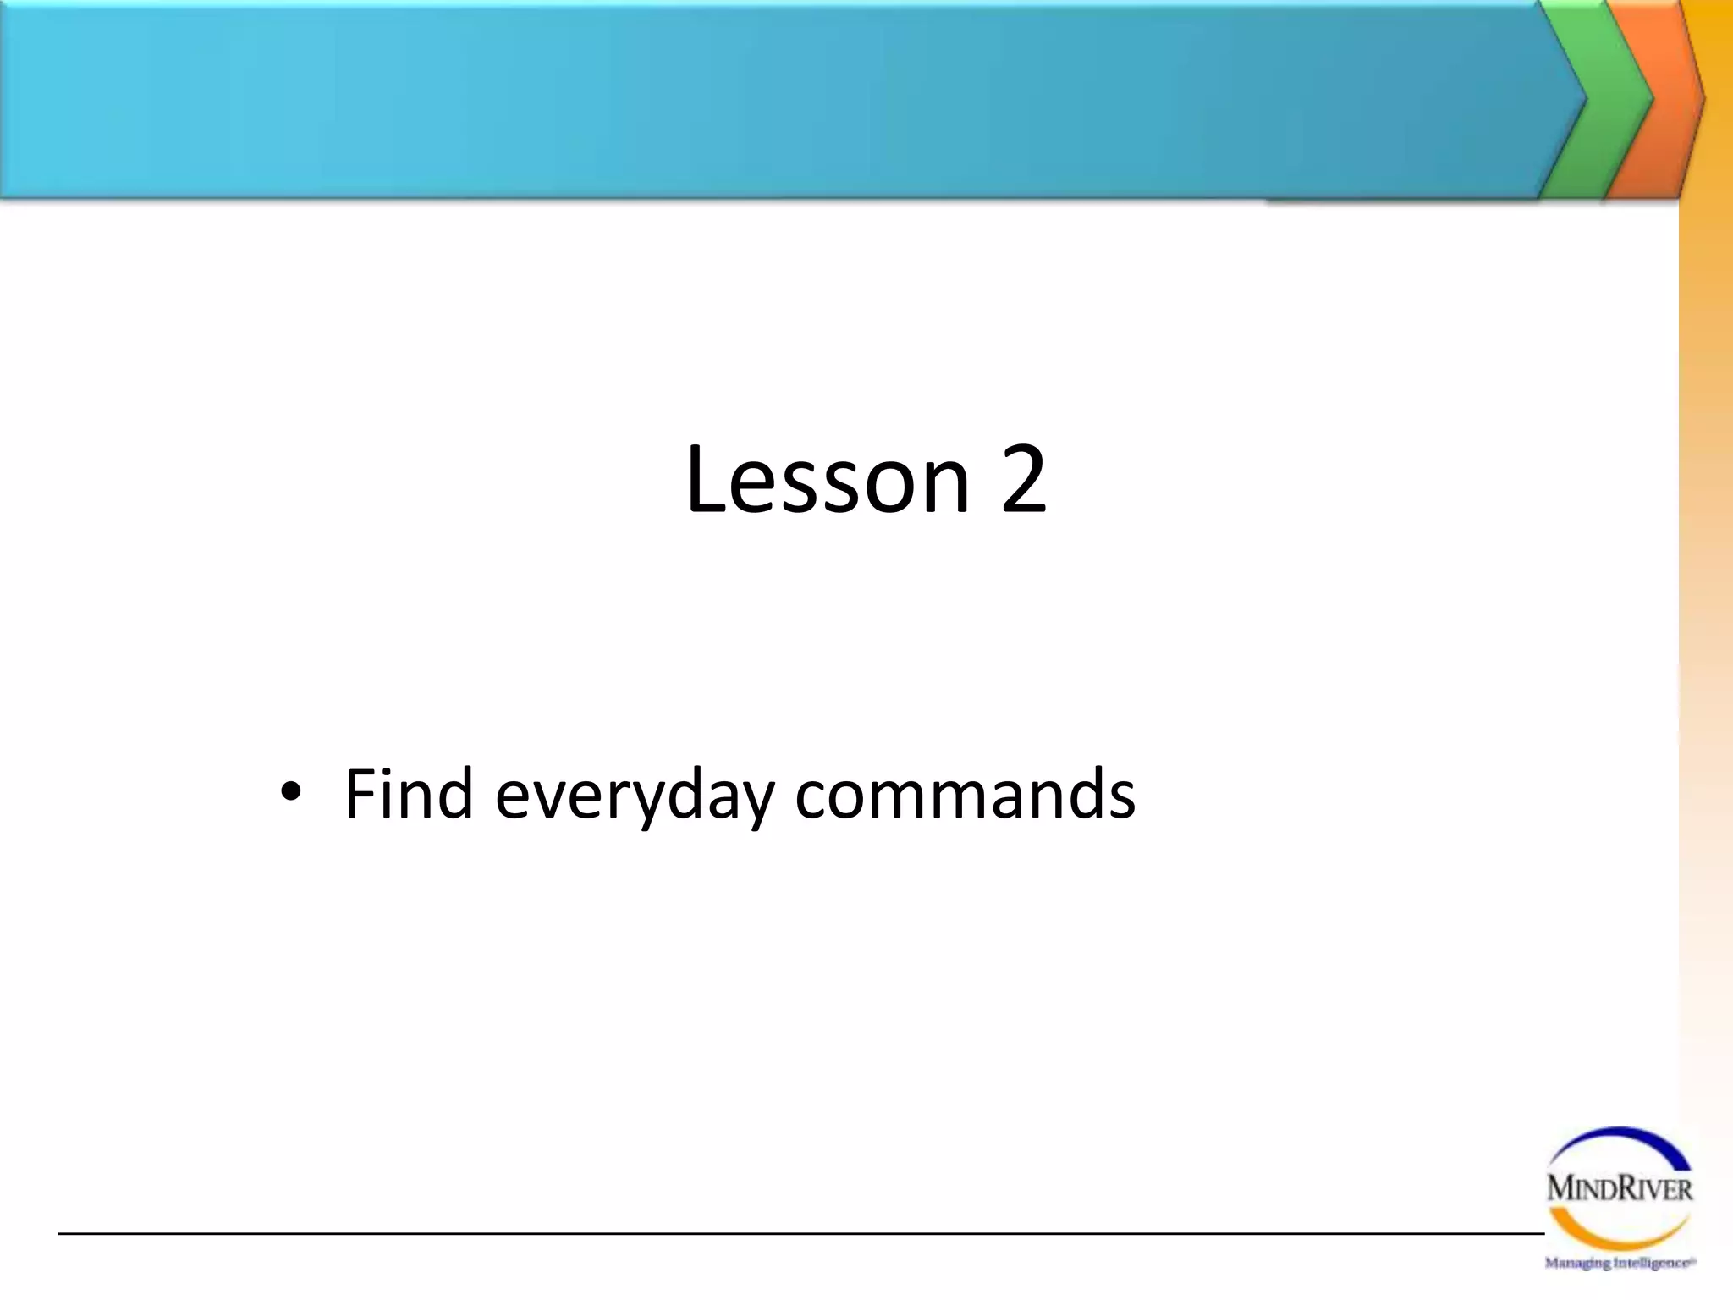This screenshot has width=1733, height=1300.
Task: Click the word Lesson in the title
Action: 828,481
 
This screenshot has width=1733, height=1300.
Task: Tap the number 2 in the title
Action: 1023,481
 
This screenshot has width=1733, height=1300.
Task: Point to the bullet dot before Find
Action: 290,793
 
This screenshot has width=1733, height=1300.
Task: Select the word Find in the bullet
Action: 409,793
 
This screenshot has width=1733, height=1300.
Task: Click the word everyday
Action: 635,796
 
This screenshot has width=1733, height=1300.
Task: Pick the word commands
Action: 965,794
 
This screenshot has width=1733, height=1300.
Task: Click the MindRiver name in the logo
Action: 1619,1188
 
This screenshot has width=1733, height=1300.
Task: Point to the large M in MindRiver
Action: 1560,1188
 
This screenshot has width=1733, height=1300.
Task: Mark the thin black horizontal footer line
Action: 762,1234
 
